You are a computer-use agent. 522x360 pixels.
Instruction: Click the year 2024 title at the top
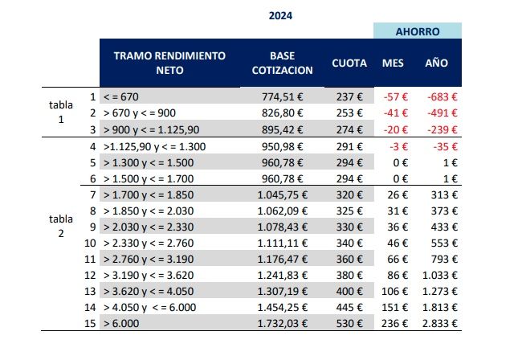tap(281, 14)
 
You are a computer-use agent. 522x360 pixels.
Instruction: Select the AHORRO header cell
tap(417, 31)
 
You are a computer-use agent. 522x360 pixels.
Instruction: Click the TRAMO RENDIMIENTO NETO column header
tap(169, 63)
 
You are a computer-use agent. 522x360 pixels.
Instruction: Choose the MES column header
tap(393, 63)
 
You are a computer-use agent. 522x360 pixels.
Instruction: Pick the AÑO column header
tap(437, 63)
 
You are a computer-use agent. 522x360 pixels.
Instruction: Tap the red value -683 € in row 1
tap(442, 96)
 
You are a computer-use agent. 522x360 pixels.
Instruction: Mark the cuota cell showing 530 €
tap(350, 323)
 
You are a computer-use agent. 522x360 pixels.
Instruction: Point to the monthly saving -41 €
tap(398, 113)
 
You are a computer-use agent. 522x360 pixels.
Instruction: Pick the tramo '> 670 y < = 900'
tap(145, 113)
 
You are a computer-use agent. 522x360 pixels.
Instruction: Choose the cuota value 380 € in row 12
tap(350, 276)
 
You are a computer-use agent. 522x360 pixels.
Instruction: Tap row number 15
tap(90, 323)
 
